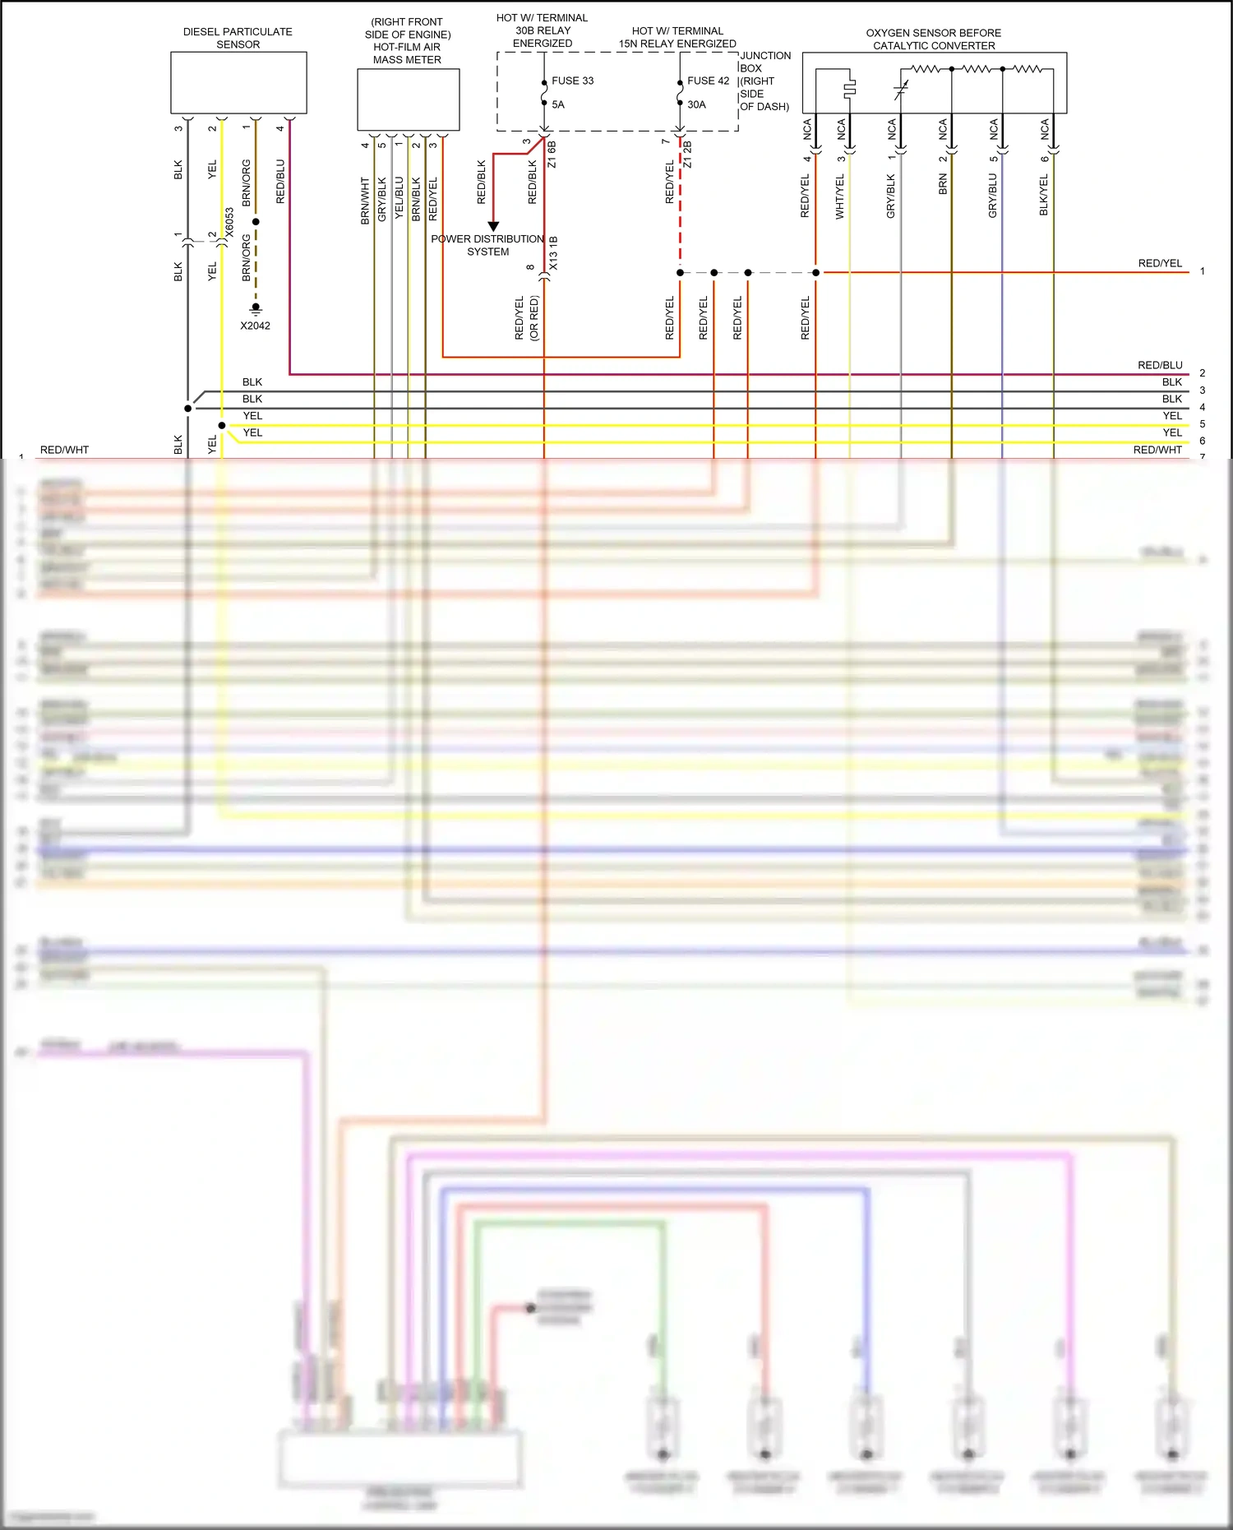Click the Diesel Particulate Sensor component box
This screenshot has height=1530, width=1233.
pos(238,82)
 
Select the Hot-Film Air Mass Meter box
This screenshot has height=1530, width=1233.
pos(408,99)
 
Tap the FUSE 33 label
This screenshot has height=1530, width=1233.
pos(572,81)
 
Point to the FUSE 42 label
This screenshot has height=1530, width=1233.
pos(708,81)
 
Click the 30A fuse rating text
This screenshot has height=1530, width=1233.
pos(696,104)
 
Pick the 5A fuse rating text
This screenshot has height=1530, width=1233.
pos(558,104)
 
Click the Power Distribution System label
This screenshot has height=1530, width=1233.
pos(487,245)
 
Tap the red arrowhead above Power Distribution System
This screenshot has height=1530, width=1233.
pos(493,226)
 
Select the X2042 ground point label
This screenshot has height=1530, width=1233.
pos(255,326)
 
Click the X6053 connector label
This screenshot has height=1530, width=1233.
pos(229,222)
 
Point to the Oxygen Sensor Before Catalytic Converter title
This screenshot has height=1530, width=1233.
pos(934,39)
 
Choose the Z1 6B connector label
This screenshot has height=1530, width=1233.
pos(552,155)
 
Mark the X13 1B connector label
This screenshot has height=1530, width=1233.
pos(553,253)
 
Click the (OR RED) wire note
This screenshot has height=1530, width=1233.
pos(534,318)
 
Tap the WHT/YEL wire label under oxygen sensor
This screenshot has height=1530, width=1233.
pos(839,197)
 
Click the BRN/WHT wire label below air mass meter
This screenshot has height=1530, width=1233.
pos(365,201)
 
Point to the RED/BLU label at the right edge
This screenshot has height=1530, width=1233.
pos(1160,365)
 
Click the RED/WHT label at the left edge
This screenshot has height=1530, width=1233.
pos(64,450)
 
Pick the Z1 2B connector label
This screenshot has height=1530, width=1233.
pos(687,155)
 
